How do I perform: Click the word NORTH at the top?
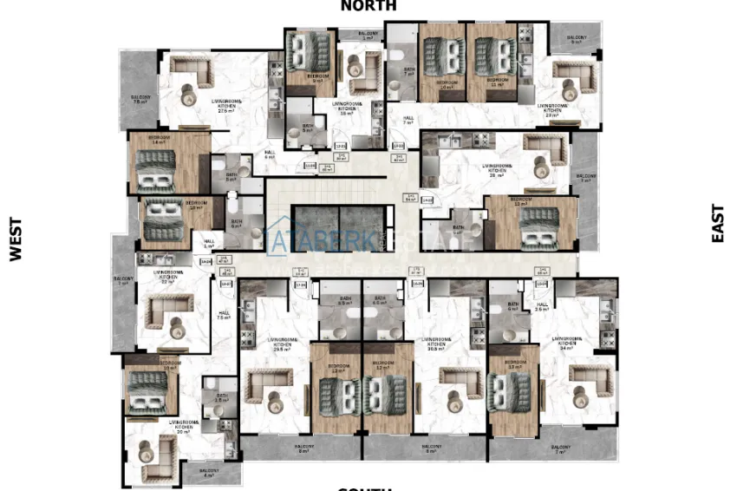(368, 6)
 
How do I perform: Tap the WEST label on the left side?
(15, 239)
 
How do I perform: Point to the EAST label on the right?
(718, 223)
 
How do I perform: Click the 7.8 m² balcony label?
(140, 99)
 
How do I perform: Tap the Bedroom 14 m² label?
(159, 140)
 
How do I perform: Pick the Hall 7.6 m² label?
(224, 315)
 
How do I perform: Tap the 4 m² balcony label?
(208, 473)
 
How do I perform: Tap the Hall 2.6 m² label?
(544, 307)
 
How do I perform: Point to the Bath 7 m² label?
(408, 72)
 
